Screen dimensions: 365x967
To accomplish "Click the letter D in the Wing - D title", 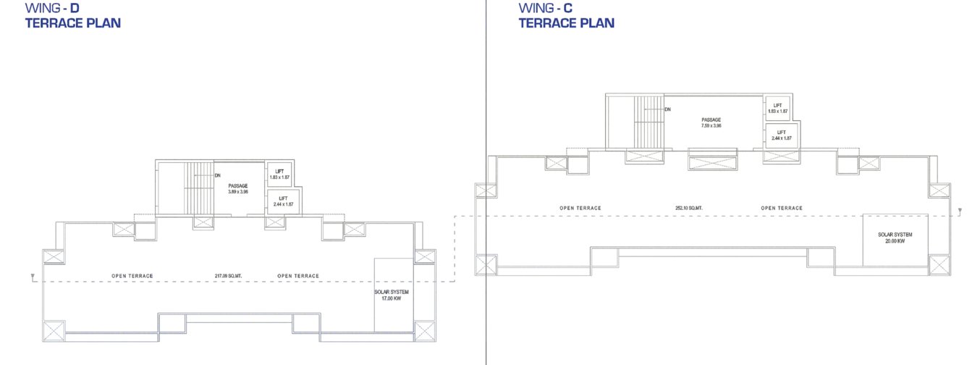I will point(75,8).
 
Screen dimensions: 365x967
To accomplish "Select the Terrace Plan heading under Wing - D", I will point(72,23).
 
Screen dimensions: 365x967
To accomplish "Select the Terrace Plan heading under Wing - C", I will point(567,23).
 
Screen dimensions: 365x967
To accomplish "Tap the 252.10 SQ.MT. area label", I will point(689,208).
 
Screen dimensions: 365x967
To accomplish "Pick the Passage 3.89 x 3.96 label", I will point(238,189).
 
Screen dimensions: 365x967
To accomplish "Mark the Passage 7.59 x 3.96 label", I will point(711,122).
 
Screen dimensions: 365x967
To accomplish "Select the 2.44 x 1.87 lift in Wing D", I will point(284,201).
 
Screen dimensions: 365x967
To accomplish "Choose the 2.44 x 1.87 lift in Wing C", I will point(781,135).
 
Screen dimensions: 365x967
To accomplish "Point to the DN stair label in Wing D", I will point(217,175).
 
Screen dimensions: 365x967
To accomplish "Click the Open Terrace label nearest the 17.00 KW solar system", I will point(298,276).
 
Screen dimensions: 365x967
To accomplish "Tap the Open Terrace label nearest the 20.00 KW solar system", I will point(782,208).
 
